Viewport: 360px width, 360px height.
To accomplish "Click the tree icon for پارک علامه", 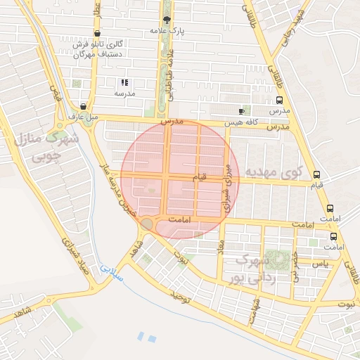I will [x=167, y=20].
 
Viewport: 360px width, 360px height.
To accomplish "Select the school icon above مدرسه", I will [x=124, y=82].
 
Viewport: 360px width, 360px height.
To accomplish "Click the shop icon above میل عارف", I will [x=84, y=105].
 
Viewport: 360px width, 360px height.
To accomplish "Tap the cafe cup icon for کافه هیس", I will [x=242, y=111].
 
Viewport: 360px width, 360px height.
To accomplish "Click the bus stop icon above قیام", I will [x=316, y=174].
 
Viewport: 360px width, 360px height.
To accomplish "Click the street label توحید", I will [x=179, y=297].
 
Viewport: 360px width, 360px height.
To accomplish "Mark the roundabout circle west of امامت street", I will [x=147, y=224].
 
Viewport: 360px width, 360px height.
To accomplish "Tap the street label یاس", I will [x=320, y=264].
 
